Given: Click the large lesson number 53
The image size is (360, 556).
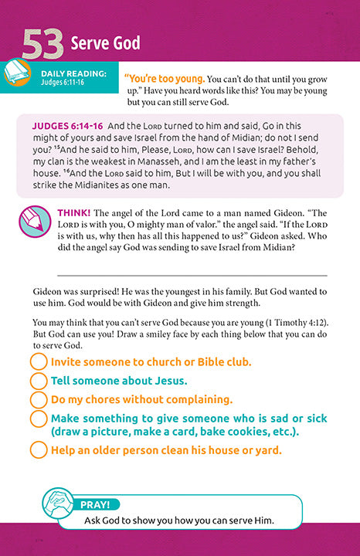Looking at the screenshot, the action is pos(43,44).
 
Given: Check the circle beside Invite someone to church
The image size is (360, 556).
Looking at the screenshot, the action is pos(38,361).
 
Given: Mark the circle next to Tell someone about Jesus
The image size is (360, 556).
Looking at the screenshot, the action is pos(38,381).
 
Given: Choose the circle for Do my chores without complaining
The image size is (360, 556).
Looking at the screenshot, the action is pos(38,400).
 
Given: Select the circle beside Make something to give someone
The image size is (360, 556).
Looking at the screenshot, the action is pos(38,419).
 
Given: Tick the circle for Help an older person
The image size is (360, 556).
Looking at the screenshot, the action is pos(38,450).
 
